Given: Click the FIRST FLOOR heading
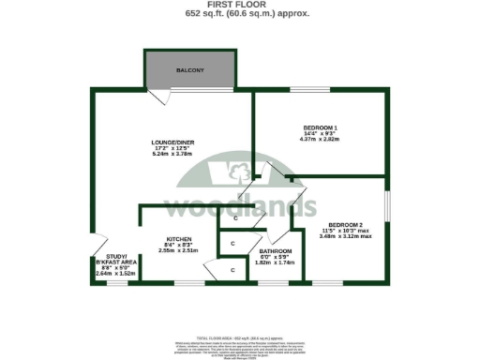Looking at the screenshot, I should [x=240, y=5].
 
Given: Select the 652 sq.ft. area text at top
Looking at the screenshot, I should [x=240, y=14].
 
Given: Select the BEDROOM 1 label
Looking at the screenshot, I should [x=321, y=127].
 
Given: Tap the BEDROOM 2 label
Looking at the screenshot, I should [x=346, y=226].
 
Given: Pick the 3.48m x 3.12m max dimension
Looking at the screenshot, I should [x=346, y=236].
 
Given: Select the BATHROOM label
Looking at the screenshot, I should [x=276, y=251].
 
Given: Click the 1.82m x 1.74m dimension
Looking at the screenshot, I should [x=276, y=263].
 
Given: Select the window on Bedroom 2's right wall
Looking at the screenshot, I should [x=387, y=208].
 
